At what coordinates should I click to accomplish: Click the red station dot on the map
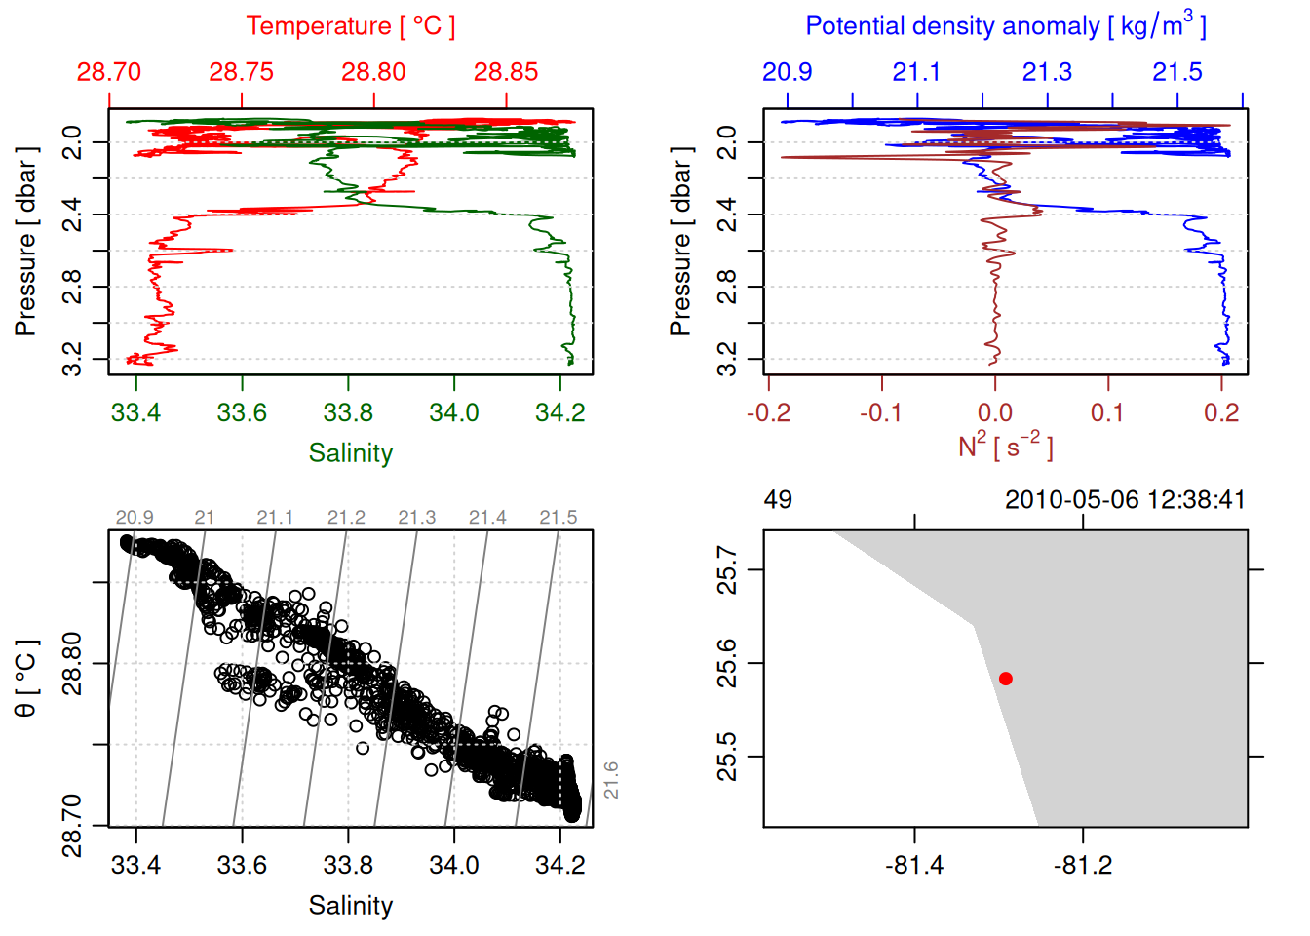click(x=1005, y=679)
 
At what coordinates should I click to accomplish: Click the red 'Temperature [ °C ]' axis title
click(x=350, y=26)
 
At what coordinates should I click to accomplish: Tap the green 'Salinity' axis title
click(x=350, y=453)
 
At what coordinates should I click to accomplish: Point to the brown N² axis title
click(x=1005, y=446)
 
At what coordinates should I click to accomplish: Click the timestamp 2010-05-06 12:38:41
click(x=1124, y=500)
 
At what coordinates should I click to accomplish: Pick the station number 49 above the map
click(x=778, y=500)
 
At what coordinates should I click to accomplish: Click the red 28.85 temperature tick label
click(x=506, y=72)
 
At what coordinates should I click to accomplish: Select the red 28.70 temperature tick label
click(x=109, y=72)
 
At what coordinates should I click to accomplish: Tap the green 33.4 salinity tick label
click(x=135, y=413)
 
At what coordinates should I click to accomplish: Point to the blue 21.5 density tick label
click(x=1177, y=72)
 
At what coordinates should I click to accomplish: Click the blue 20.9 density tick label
click(x=787, y=72)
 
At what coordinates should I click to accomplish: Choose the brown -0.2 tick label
click(x=768, y=413)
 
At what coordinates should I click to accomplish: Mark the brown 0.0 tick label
click(x=994, y=413)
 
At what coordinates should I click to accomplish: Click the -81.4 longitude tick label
click(x=914, y=866)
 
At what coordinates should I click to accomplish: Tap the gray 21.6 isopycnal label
click(x=611, y=780)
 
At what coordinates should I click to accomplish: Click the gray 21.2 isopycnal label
click(x=346, y=518)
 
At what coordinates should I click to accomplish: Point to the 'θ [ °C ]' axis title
click(x=26, y=679)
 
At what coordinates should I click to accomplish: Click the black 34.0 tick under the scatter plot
click(x=454, y=866)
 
